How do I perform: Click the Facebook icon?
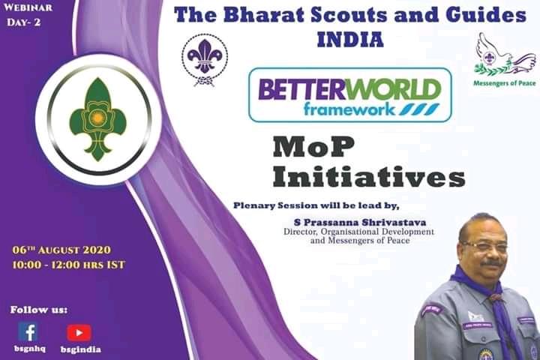point(28,331)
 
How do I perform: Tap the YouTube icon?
point(79,332)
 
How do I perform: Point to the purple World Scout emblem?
point(205,59)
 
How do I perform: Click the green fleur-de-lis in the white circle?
point(97,118)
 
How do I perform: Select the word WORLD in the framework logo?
point(394,89)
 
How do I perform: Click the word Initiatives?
point(368,177)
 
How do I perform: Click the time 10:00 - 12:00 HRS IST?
point(68,265)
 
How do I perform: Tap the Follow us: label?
point(38,309)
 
